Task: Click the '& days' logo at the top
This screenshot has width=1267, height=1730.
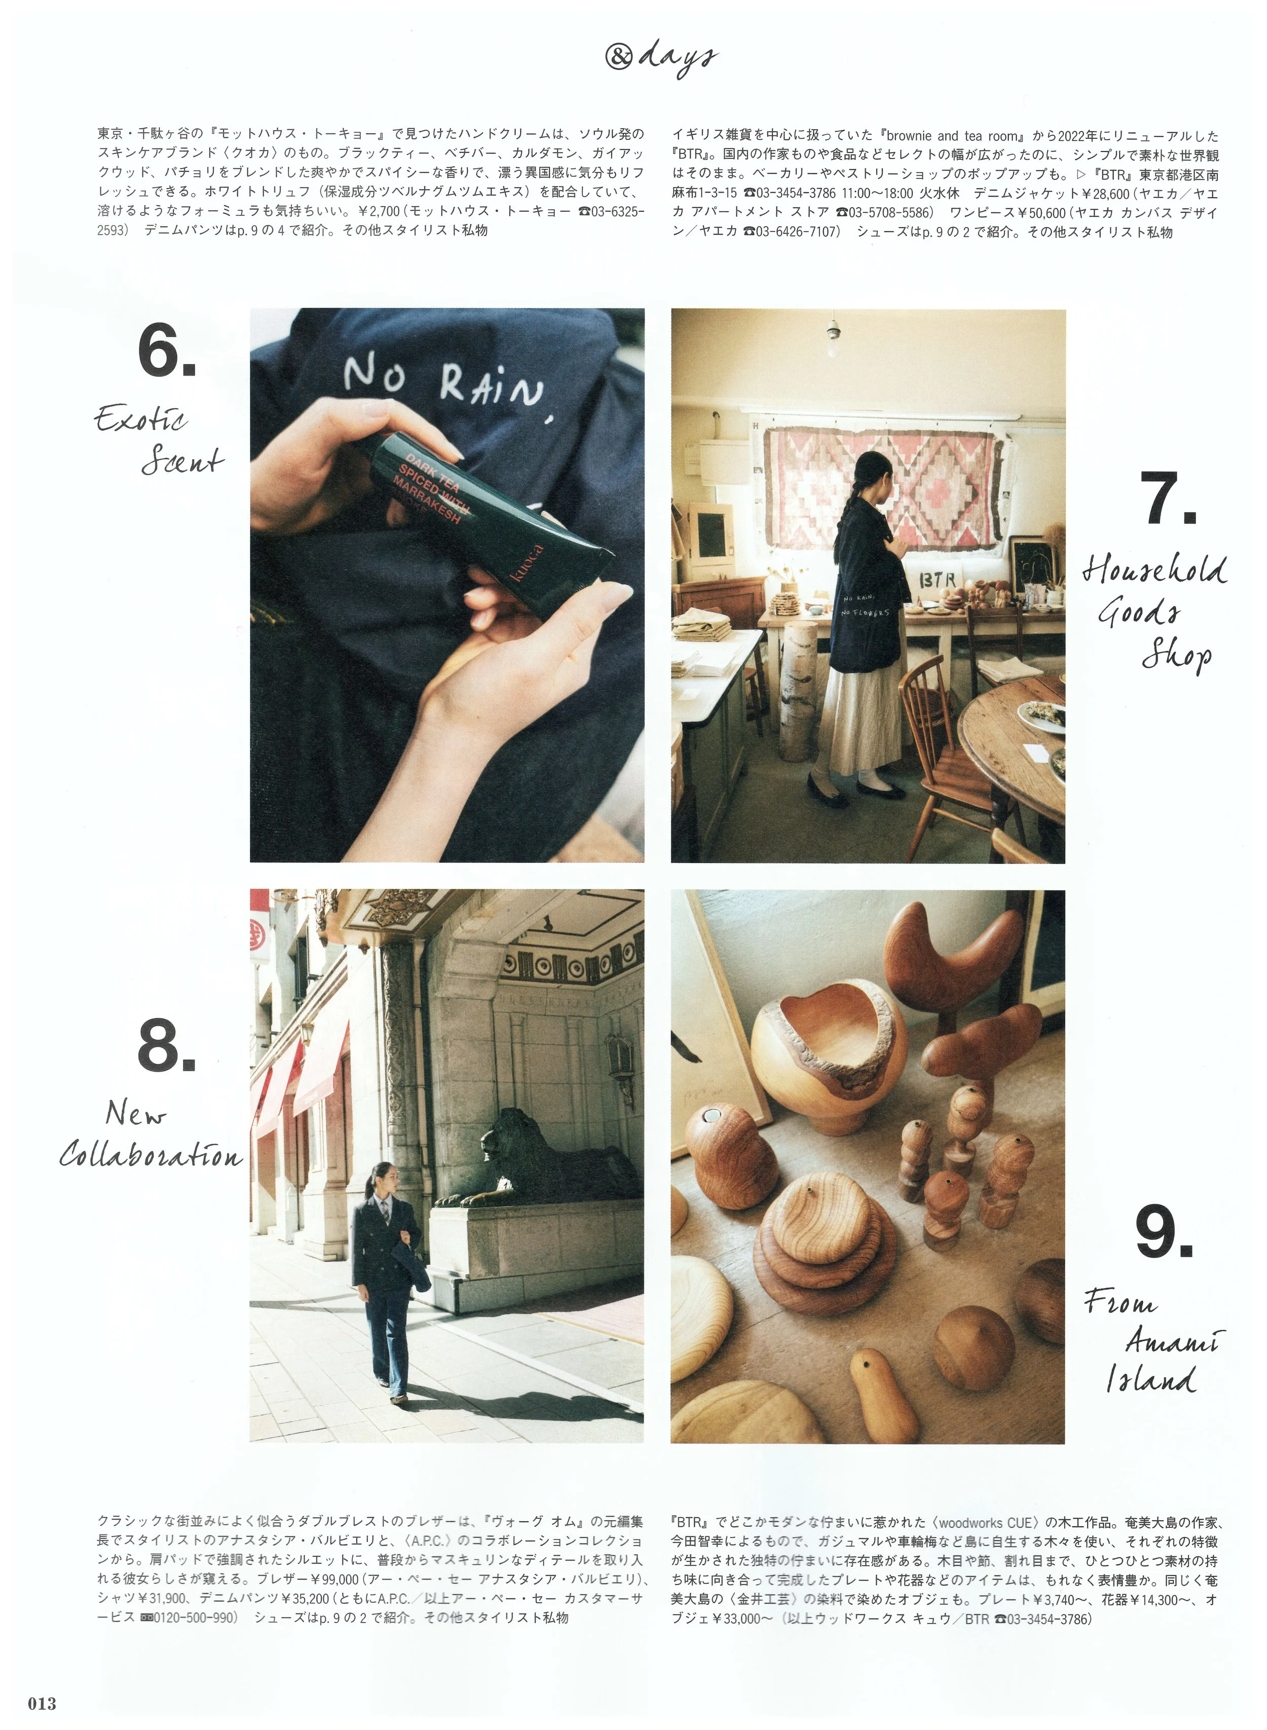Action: coord(660,57)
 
